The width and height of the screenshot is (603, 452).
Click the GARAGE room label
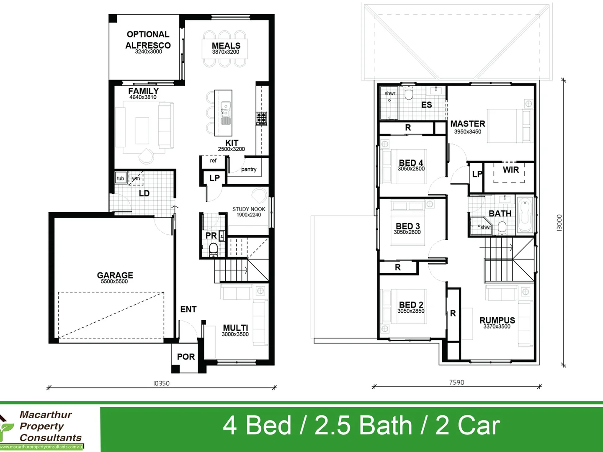[115, 275]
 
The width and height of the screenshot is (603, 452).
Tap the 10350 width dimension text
[161, 383]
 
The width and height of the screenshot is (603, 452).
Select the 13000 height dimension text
[559, 223]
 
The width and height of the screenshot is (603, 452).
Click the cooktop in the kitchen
[261, 118]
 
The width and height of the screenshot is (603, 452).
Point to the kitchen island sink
[226, 110]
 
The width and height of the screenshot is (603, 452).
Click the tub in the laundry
[121, 178]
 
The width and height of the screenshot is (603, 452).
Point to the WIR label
[510, 170]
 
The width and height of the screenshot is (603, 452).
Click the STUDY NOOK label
[249, 209]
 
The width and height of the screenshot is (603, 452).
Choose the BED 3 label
[407, 226]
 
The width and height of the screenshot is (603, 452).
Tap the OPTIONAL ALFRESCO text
[148, 40]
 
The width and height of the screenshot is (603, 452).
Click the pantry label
[249, 169]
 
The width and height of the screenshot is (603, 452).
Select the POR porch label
[186, 357]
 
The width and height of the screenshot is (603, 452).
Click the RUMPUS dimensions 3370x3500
[497, 327]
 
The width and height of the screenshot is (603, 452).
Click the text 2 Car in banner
[467, 426]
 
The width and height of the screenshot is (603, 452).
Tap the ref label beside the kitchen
[213, 161]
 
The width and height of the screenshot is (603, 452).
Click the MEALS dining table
[225, 49]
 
